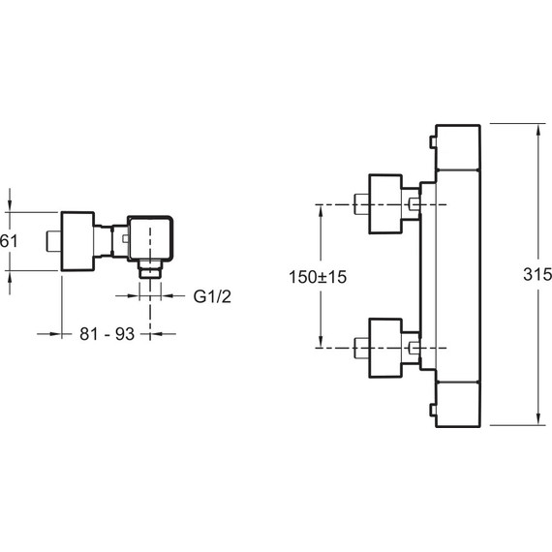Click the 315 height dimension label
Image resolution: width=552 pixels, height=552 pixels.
tap(537, 274)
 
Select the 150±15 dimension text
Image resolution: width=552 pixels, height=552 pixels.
tap(318, 277)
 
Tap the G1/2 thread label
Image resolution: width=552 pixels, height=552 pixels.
tap(212, 296)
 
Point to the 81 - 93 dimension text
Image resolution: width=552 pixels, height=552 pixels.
tap(107, 334)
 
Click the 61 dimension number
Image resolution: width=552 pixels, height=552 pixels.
tap(9, 241)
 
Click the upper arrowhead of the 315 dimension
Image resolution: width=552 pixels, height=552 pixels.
tap(538, 132)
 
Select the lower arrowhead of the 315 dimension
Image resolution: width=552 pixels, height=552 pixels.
tap(538, 418)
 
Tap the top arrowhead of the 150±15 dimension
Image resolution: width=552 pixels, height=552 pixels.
tap(321, 211)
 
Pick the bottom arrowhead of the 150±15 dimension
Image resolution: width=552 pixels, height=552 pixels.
tap(321, 341)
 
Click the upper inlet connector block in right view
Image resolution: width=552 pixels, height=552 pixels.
tap(385, 203)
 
